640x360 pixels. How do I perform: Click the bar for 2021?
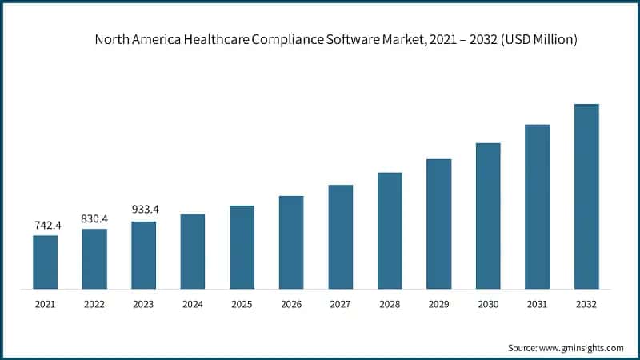point(45,262)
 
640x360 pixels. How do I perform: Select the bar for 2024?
point(193,251)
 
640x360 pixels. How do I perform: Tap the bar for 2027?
point(341,237)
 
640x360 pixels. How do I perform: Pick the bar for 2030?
point(488,216)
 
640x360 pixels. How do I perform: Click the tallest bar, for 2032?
point(586,196)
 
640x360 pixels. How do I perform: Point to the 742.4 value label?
point(45,226)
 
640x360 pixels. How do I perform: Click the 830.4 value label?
point(94,218)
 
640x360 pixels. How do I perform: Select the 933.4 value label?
point(144,210)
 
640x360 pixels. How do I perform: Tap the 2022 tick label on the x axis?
point(94,304)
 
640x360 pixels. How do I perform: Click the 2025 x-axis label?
point(242,304)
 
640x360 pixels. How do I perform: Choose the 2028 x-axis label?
point(390,304)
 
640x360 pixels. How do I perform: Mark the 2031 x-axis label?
point(538,304)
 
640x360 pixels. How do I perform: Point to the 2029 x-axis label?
point(439,304)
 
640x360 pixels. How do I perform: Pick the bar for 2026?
point(291,242)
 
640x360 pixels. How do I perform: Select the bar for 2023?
point(144,255)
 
